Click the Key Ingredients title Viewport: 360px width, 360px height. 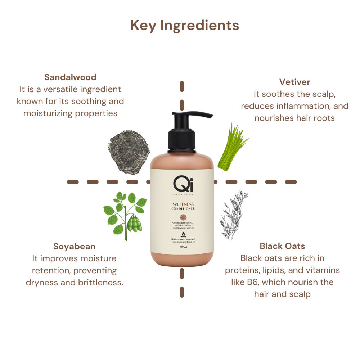coord(185,26)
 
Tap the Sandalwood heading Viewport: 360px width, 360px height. coord(70,77)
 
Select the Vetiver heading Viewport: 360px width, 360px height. coord(294,82)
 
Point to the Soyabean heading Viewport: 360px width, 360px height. coord(74,247)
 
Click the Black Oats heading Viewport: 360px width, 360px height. coord(282,246)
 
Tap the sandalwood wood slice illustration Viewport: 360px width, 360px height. coord(129,151)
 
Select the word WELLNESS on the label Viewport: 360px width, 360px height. coord(183,204)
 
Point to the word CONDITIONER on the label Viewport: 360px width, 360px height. coord(183,209)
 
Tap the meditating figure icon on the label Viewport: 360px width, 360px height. coord(183,233)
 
